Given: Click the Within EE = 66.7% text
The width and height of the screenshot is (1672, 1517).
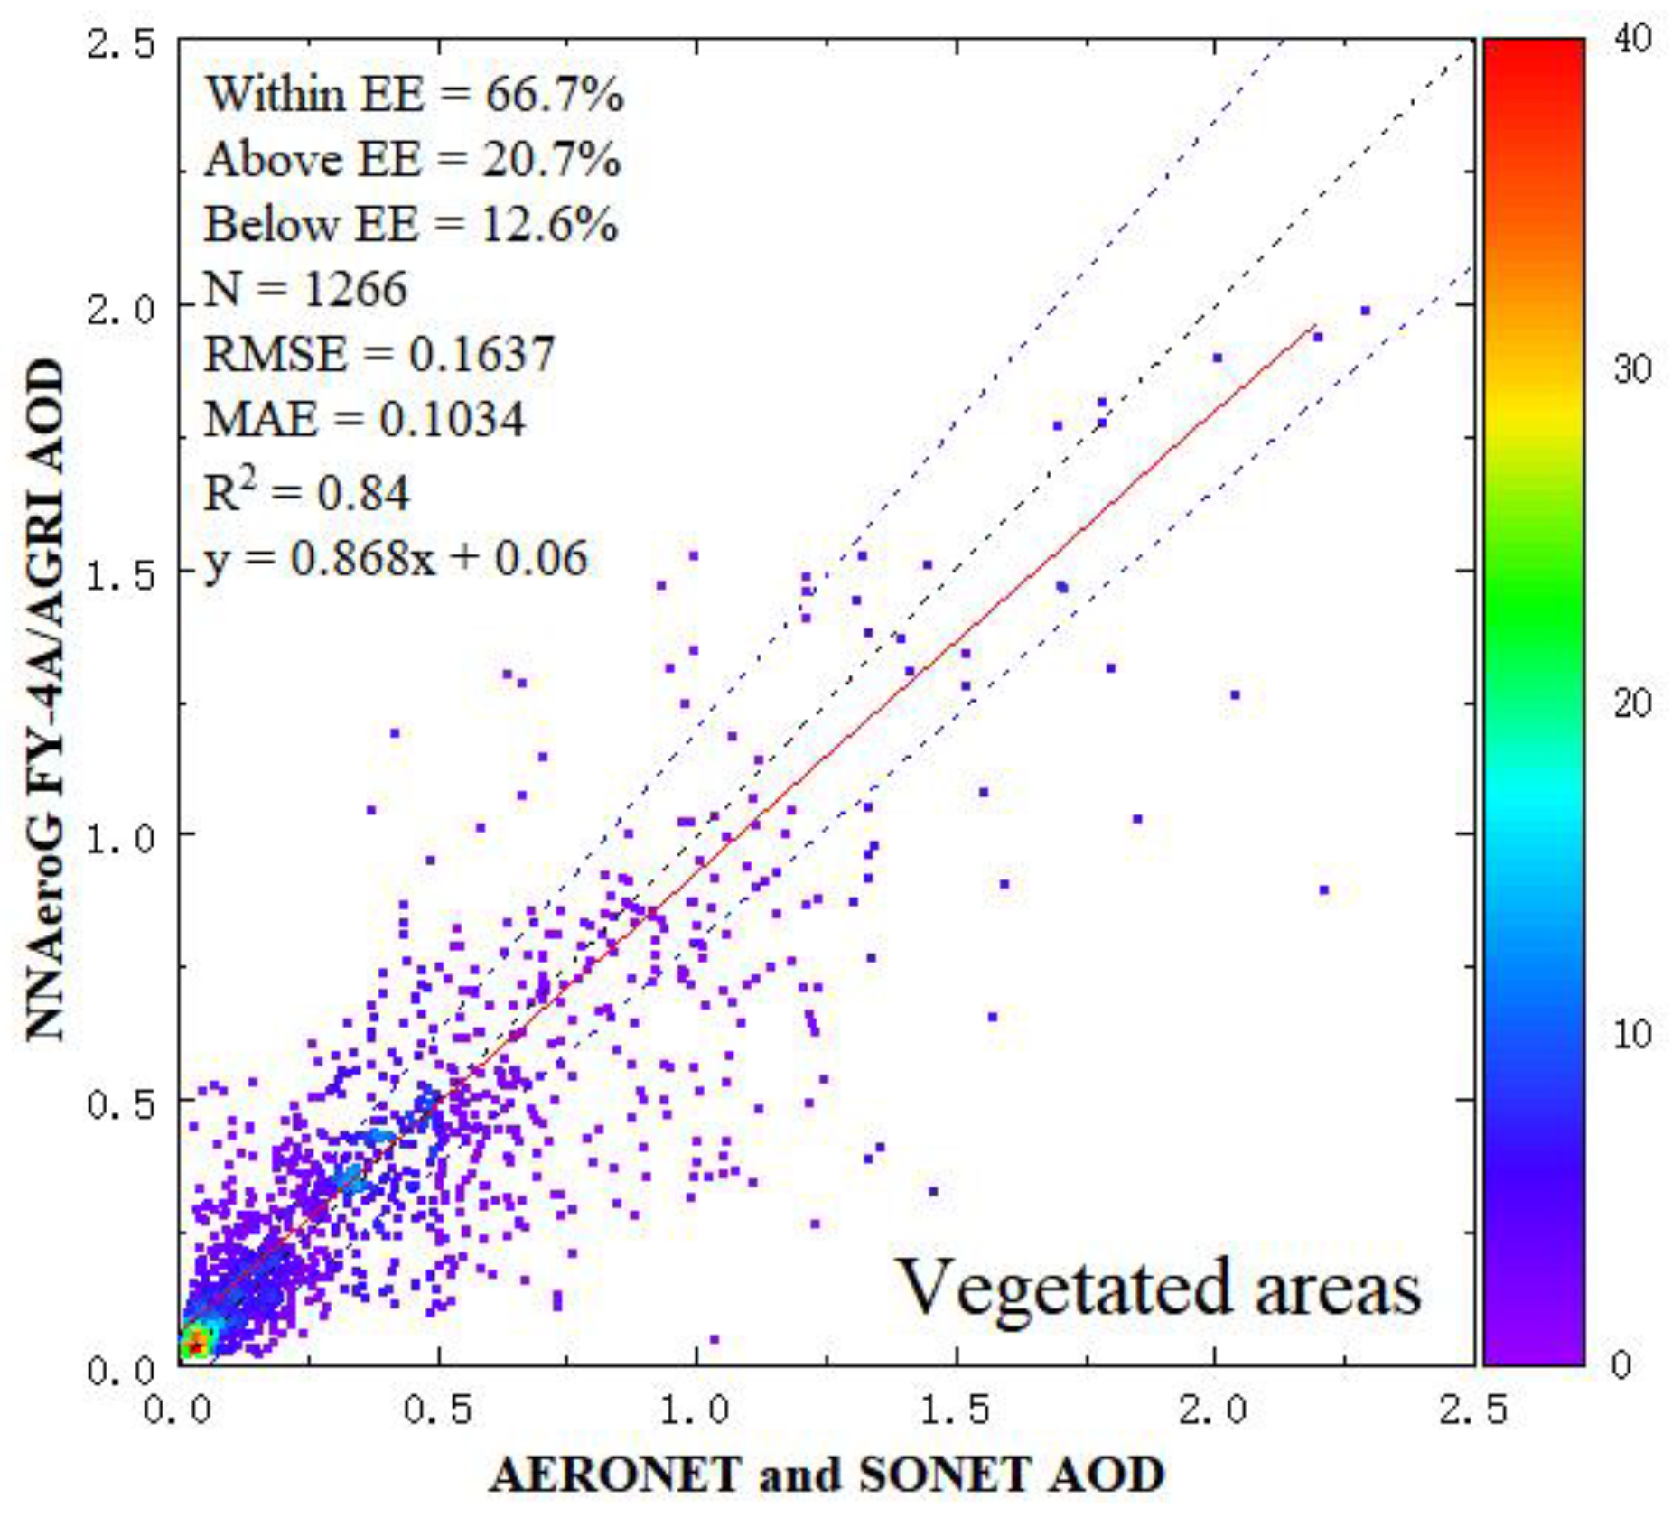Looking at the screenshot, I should (415, 94).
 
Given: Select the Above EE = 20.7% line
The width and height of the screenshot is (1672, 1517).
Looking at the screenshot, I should (413, 160).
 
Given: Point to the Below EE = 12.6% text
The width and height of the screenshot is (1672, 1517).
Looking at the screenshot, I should (411, 225).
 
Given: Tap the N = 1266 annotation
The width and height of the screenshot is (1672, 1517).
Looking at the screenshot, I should (305, 290).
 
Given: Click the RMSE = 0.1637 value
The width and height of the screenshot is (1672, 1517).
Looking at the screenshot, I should (379, 354).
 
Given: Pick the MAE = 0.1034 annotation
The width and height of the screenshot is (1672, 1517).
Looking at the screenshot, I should (364, 420).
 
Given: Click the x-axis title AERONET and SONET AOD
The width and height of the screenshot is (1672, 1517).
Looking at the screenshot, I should (827, 1475).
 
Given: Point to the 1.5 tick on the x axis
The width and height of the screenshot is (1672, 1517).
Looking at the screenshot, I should (955, 1410).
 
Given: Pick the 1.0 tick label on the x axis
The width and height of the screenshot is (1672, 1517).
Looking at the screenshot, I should (696, 1410).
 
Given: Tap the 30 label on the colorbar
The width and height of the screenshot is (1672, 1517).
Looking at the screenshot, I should (1632, 369).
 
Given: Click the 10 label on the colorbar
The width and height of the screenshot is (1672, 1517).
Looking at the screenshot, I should (1631, 1033).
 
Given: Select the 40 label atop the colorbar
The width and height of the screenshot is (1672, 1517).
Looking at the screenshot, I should (1632, 39).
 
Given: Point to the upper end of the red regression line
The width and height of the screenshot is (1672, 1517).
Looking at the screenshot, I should (1314, 326).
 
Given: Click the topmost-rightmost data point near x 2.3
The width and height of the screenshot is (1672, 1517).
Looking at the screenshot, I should (1365, 311).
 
